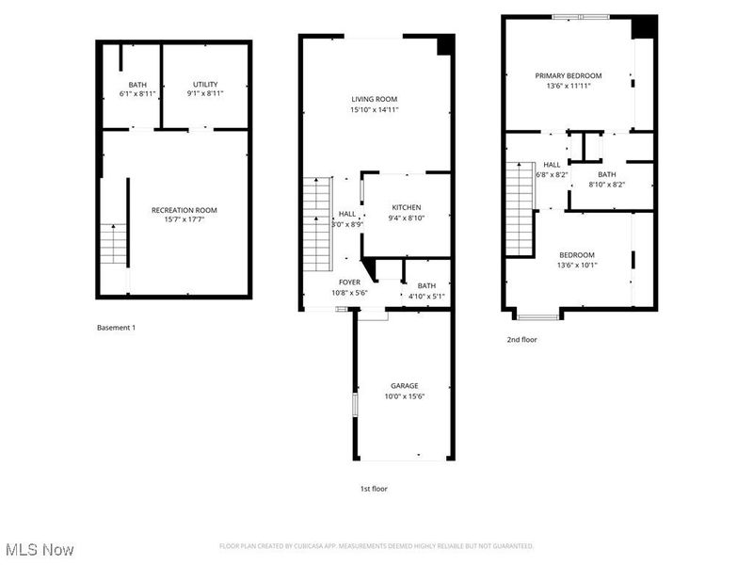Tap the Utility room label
coord(205,84)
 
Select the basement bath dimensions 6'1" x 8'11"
coord(138,93)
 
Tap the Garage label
coord(405,385)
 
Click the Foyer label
coord(350,282)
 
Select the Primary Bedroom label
coord(569,75)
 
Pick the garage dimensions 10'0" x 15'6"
coord(405,396)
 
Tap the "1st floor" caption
coord(373,489)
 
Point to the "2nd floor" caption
coord(521,340)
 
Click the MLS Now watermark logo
coord(39,548)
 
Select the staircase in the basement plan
coord(113,244)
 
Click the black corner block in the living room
coord(446,44)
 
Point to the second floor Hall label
coord(552,165)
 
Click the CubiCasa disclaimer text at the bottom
coord(376,546)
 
